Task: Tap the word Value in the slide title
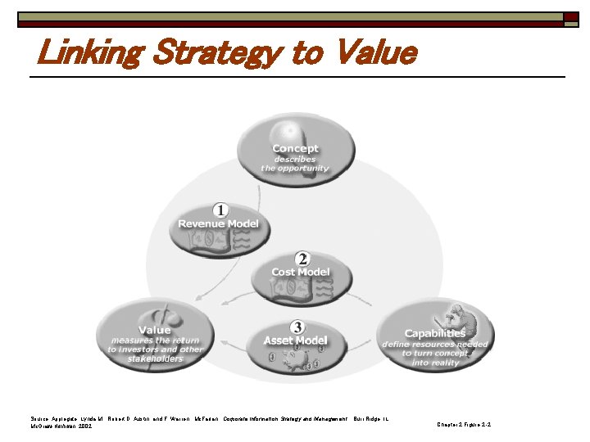point(371,54)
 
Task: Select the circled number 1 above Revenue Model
point(220,210)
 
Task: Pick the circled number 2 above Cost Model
point(302,258)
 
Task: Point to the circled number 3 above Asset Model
point(296,327)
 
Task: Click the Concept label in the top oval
point(295,149)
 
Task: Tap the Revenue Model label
point(218,223)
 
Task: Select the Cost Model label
point(301,272)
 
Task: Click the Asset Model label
point(295,340)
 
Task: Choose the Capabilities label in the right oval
point(434,333)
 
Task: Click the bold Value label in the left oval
point(154,330)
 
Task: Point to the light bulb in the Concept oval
point(292,131)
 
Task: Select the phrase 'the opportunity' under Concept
point(295,169)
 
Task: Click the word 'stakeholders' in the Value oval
point(156,359)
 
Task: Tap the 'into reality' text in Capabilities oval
point(436,363)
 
